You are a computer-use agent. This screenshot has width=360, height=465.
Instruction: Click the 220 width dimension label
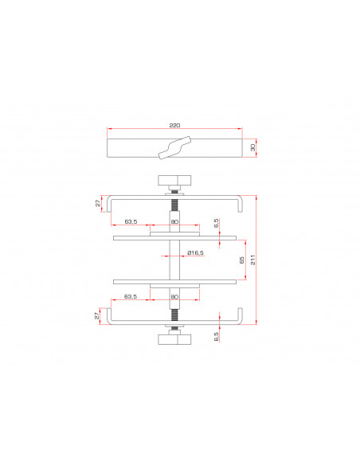click(174, 126)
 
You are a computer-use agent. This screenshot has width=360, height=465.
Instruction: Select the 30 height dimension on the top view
click(253, 147)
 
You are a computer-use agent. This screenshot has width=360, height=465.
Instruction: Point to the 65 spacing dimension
click(242, 259)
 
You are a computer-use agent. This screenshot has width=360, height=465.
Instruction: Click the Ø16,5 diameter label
click(195, 253)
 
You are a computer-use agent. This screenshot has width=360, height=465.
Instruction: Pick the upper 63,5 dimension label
click(131, 221)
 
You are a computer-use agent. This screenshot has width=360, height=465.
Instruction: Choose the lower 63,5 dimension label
click(131, 296)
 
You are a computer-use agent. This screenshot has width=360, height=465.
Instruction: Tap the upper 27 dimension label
click(99, 203)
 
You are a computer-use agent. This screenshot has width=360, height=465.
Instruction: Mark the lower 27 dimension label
click(99, 315)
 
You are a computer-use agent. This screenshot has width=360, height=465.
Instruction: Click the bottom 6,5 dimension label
click(216, 337)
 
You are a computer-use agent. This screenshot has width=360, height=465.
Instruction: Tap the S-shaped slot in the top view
click(174, 147)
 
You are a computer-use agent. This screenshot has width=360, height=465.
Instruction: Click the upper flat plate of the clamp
click(174, 237)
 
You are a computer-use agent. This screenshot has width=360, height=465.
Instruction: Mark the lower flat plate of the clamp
click(174, 280)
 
